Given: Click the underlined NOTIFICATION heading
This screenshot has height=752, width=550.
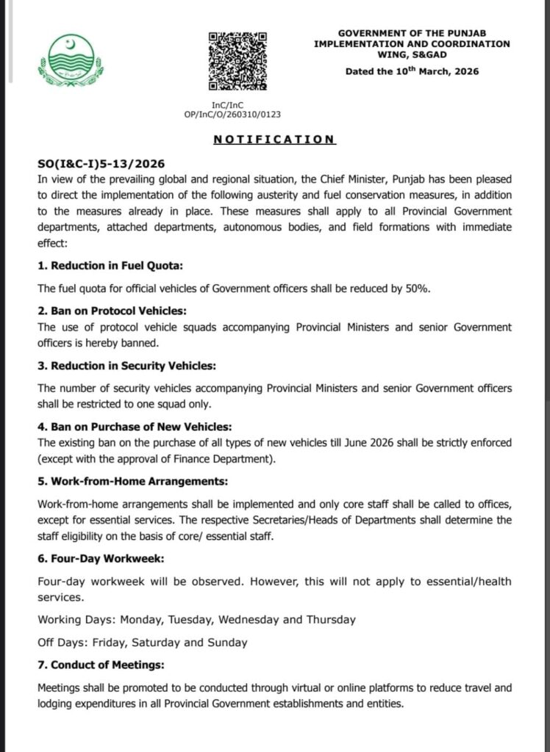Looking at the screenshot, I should [274, 139].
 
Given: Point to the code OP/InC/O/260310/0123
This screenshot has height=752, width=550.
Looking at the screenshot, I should [235, 115].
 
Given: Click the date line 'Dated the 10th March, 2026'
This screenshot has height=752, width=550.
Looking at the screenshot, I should [411, 70].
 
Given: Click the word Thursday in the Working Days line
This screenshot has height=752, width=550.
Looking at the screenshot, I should [331, 620].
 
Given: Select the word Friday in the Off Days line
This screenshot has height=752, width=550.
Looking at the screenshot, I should [109, 643].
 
